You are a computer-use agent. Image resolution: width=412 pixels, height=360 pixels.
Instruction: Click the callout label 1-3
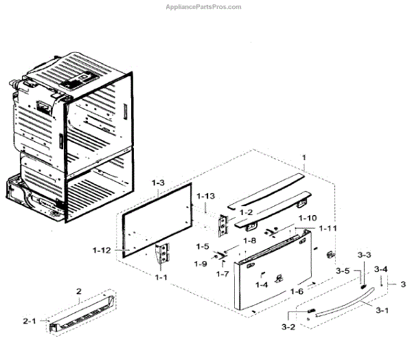[x=159, y=184]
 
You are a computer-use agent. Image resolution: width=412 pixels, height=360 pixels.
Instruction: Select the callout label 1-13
[x=205, y=196]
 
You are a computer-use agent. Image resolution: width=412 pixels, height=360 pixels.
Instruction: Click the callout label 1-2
[x=246, y=212]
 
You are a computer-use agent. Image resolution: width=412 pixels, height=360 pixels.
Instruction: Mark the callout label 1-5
[x=202, y=246]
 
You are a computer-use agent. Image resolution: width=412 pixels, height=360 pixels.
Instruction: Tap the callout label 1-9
[x=200, y=264]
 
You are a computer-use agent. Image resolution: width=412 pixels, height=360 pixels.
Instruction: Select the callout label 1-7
[x=222, y=274]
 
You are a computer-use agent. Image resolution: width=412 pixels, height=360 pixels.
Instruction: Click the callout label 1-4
[x=261, y=284]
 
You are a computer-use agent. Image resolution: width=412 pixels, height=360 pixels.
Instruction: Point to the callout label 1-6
[x=297, y=291]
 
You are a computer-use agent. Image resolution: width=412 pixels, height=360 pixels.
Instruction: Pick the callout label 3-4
[x=380, y=269]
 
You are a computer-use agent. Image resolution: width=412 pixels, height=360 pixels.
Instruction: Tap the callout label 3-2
[x=287, y=326]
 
